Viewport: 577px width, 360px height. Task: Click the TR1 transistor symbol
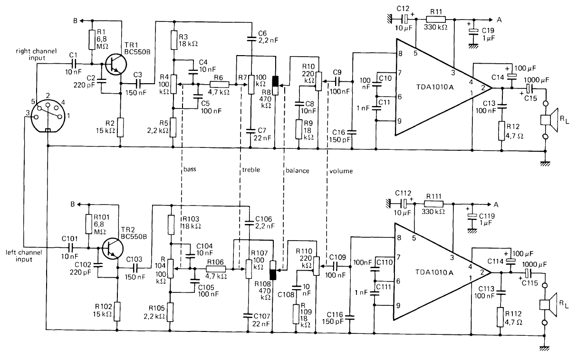[113, 63]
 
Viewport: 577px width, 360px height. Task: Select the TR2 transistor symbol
[112, 248]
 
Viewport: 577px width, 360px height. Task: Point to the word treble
[250, 169]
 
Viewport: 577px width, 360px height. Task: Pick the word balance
[297, 169]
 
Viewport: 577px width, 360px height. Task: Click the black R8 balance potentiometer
[275, 84]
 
